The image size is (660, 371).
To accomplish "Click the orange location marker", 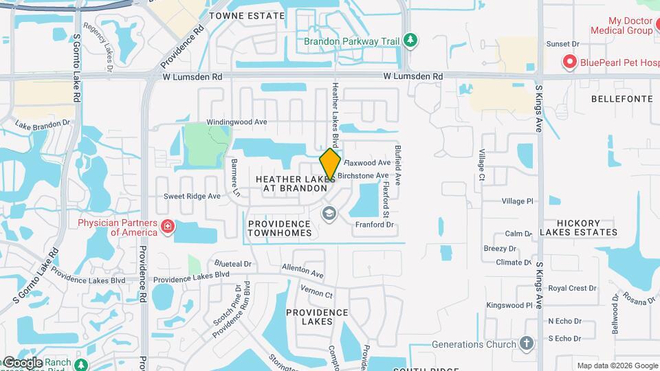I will [331, 165].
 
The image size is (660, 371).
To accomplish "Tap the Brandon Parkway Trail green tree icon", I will [410, 41].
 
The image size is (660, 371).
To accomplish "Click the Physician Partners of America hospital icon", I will [166, 227].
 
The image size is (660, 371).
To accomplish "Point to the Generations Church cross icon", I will [527, 344].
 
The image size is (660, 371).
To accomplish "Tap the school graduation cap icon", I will [329, 213].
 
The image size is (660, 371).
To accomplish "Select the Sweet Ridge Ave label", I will [192, 196].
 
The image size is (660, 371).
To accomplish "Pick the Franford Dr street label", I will [374, 225].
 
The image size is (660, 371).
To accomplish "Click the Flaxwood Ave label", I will [367, 163].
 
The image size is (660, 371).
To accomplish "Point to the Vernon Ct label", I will [319, 295].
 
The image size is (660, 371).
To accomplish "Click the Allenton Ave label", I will [302, 273].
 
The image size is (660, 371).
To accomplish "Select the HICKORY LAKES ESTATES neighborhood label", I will [569, 228].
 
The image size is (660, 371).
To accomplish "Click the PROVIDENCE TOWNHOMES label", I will [279, 228].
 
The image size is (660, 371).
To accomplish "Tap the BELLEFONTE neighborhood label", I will [621, 99].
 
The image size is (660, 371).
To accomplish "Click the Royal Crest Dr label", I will [572, 288].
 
